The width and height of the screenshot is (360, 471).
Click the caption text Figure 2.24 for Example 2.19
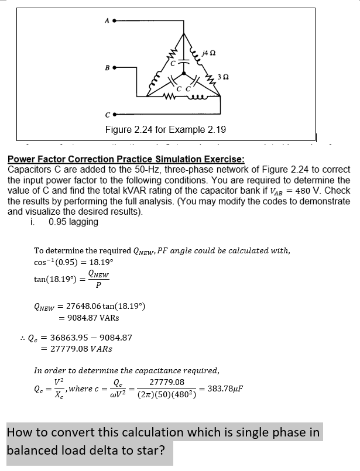click(x=166, y=129)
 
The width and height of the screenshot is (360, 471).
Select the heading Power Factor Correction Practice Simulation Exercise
click(x=126, y=159)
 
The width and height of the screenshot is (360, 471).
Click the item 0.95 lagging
click(x=74, y=222)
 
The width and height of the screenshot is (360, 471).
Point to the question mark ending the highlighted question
click(x=161, y=452)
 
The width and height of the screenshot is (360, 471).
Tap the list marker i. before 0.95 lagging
click(x=37, y=222)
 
